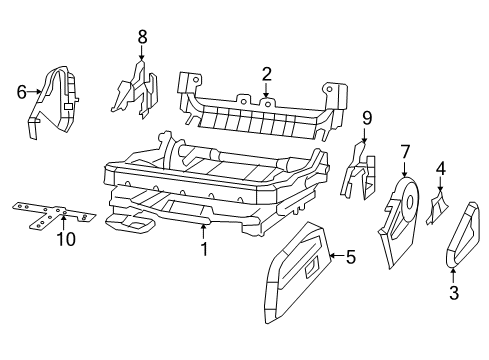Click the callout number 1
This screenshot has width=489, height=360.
click(203, 249)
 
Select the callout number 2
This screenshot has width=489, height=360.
click(267, 73)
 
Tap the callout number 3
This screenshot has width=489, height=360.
click(453, 292)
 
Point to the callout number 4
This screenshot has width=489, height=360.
click(440, 169)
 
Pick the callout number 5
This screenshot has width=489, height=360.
click(350, 256)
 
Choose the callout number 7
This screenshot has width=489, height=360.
click(404, 151)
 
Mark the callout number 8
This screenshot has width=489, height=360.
click(142, 36)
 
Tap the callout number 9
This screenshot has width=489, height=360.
click(366, 118)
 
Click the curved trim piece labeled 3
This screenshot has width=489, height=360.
click(461, 235)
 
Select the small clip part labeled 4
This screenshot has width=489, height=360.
click(437, 207)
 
